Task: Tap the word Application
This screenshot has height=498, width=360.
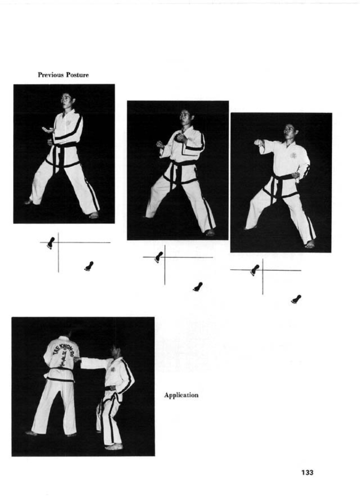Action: (x=181, y=395)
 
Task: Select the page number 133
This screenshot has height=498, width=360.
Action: (x=307, y=472)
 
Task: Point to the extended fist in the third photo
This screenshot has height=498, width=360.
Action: (x=258, y=143)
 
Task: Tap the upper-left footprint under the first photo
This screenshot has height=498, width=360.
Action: (x=51, y=243)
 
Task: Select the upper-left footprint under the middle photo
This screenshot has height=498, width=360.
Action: (x=159, y=257)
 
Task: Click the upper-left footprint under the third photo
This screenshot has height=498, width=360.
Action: (x=255, y=270)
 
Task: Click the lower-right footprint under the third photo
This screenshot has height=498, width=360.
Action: (x=296, y=299)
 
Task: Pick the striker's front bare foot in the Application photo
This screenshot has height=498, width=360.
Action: (x=114, y=447)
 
